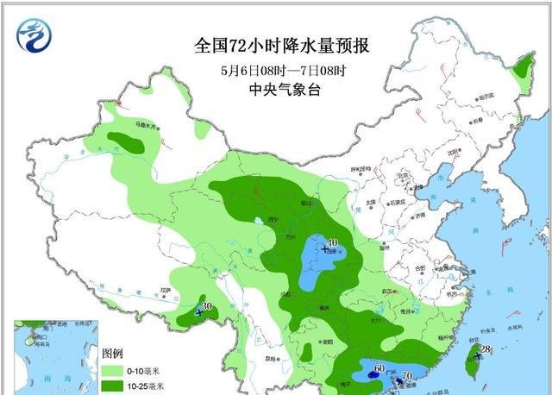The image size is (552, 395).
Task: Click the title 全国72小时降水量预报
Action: click(x=276, y=45)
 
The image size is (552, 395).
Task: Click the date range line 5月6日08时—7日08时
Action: click(x=276, y=70)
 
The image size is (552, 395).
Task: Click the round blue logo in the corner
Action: click(x=34, y=35)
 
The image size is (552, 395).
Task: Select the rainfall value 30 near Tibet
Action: click(x=205, y=306)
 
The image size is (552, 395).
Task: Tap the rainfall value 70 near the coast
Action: click(x=407, y=376)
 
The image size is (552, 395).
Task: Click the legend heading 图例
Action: click(x=113, y=354)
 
